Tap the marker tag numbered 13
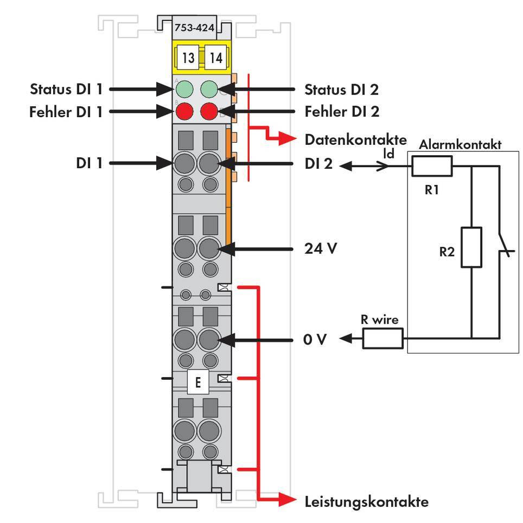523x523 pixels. pyautogui.click(x=188, y=58)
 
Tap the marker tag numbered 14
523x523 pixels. pyautogui.click(x=216, y=58)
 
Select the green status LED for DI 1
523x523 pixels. pyautogui.click(x=184, y=88)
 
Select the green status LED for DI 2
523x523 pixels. pyautogui.click(x=209, y=88)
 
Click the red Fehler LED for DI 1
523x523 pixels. pyautogui.click(x=184, y=112)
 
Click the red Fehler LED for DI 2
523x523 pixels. pyautogui.click(x=209, y=112)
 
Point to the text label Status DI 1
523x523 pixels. pyautogui.click(x=66, y=89)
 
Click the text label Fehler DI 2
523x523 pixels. pyautogui.click(x=342, y=112)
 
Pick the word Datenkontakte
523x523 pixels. pyautogui.click(x=355, y=139)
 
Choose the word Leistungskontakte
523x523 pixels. pyautogui.click(x=366, y=501)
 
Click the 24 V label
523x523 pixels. pyautogui.click(x=320, y=249)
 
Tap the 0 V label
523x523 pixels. pyautogui.click(x=315, y=340)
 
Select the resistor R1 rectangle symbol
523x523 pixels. pyautogui.click(x=432, y=166)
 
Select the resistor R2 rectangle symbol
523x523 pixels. pyautogui.click(x=471, y=247)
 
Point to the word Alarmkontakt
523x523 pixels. pyautogui.click(x=460, y=145)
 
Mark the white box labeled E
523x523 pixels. pyautogui.click(x=198, y=382)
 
